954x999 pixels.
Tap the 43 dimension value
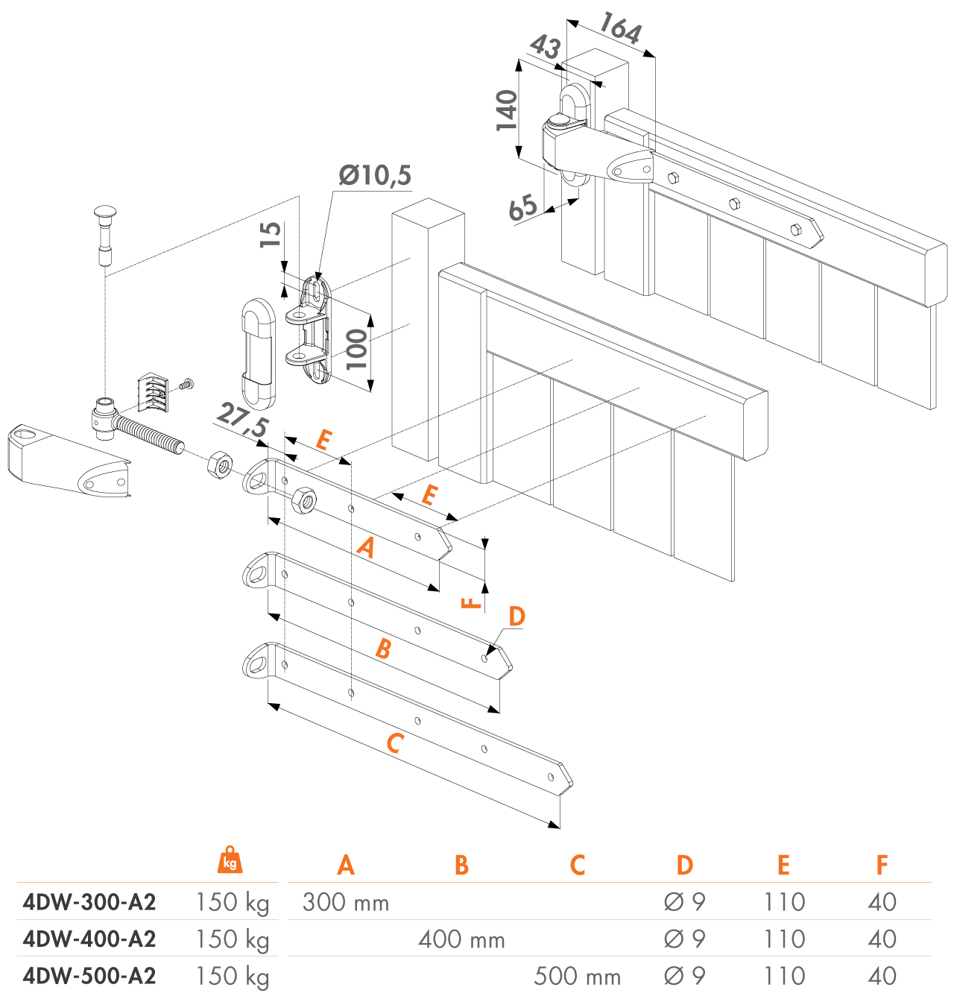pyautogui.click(x=545, y=48)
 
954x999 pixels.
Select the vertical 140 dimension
pyautogui.click(x=507, y=110)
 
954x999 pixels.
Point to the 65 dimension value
pyautogui.click(x=522, y=207)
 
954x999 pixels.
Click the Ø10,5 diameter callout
pyautogui.click(x=375, y=175)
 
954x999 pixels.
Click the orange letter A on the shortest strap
pyautogui.click(x=366, y=548)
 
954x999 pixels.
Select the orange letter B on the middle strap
pyautogui.click(x=383, y=649)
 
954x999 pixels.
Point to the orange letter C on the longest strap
pyautogui.click(x=394, y=743)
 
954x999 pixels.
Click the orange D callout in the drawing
pyautogui.click(x=517, y=617)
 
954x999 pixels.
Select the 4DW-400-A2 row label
pyautogui.click(x=89, y=939)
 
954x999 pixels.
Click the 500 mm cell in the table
pyautogui.click(x=577, y=976)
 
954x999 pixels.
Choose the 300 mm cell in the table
pyautogui.click(x=346, y=902)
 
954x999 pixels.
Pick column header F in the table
pyautogui.click(x=882, y=865)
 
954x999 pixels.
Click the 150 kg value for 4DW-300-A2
pyautogui.click(x=232, y=902)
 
